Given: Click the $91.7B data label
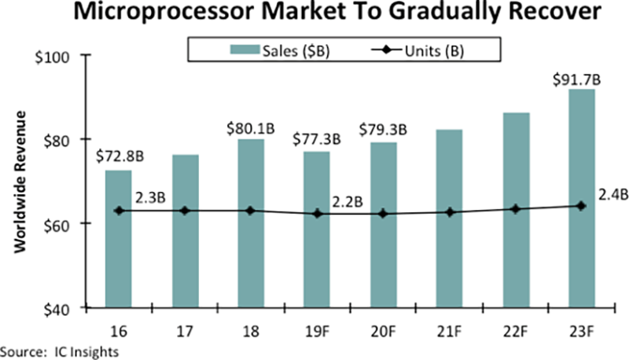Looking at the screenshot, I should (x=579, y=79).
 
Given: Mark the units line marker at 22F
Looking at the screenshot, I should (x=515, y=209).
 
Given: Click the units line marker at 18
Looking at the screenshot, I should (x=251, y=211).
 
